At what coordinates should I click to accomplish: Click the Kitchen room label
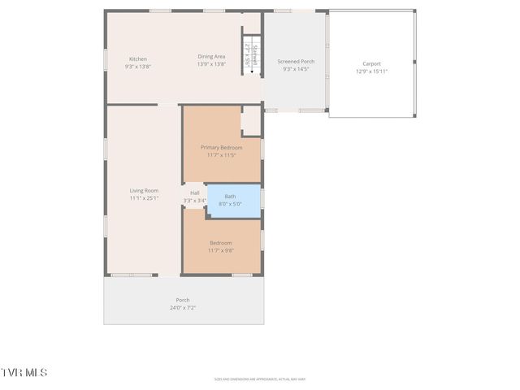[x=138, y=59]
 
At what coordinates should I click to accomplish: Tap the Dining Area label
[x=211, y=56]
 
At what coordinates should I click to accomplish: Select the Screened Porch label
[x=296, y=62]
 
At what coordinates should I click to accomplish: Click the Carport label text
[x=371, y=63]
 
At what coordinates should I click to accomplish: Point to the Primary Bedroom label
[x=221, y=147]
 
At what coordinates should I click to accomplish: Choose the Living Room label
[x=144, y=190]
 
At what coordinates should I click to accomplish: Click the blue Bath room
[x=234, y=201]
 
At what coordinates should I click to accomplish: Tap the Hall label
[x=194, y=193]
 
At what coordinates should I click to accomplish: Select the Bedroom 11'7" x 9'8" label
[x=221, y=243]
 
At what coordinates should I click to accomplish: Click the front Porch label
[x=183, y=300]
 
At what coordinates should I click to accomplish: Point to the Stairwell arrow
[x=252, y=70]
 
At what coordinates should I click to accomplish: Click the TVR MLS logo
[x=24, y=372]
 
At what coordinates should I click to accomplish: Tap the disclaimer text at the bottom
[x=271, y=379]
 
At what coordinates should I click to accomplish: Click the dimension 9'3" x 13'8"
[x=138, y=67]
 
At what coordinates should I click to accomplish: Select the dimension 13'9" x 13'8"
[x=211, y=63]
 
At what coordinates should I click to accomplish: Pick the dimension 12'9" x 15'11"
[x=371, y=71]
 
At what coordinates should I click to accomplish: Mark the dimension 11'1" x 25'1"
[x=144, y=197]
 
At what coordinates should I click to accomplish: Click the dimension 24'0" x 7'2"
[x=183, y=308]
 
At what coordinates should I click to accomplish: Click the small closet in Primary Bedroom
[x=251, y=120]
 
